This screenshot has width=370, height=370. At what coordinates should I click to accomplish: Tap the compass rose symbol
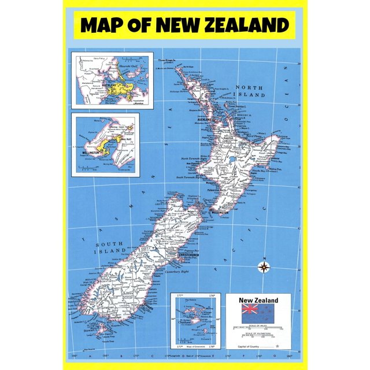click(x=264, y=267)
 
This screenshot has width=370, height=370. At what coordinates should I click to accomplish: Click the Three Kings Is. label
click(x=166, y=59)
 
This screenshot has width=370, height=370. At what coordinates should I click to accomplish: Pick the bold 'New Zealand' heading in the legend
click(x=258, y=300)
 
